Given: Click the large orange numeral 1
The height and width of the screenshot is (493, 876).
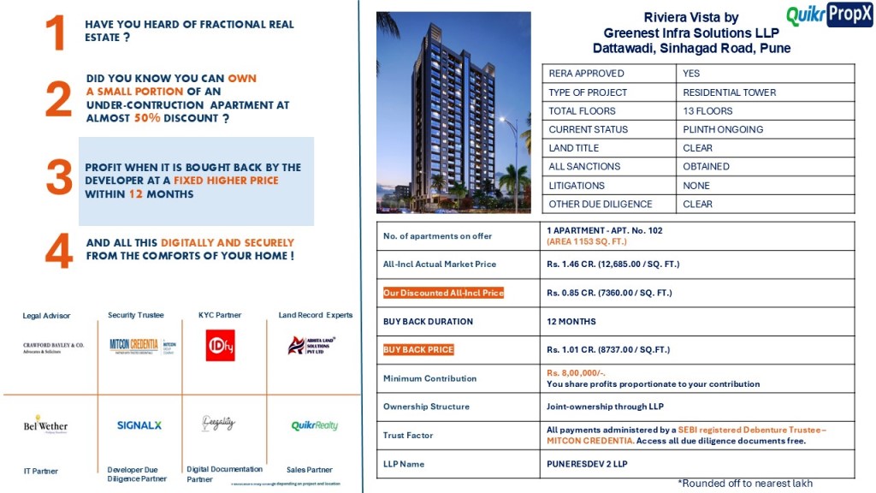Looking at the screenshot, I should tap(56, 34).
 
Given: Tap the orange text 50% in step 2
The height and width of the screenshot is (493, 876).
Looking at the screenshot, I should tap(147, 118).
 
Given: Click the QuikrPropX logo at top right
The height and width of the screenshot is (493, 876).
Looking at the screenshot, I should tap(828, 15).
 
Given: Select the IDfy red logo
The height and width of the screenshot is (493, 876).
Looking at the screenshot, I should tap(220, 345).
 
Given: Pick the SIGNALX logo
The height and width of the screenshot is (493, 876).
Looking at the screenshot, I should tap(139, 425).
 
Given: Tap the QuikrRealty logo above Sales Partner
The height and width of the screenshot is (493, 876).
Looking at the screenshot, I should tap(314, 425).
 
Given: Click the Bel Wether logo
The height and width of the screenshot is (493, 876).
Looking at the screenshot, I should tap(45, 425).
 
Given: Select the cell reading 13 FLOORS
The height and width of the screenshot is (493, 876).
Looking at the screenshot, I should tap(707, 111).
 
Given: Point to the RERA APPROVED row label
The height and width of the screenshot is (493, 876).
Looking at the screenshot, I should tap(587, 74).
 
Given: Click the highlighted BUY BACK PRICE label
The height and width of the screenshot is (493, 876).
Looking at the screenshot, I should tap(418, 350).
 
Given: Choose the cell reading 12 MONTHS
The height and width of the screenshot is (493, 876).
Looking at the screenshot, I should tap(571, 322).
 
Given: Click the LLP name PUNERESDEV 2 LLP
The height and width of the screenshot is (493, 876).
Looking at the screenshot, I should tap(587, 464).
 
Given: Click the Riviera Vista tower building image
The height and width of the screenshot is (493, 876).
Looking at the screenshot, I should tap(453, 111).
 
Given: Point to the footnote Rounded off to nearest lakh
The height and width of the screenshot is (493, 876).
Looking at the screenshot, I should tap(745, 484).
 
